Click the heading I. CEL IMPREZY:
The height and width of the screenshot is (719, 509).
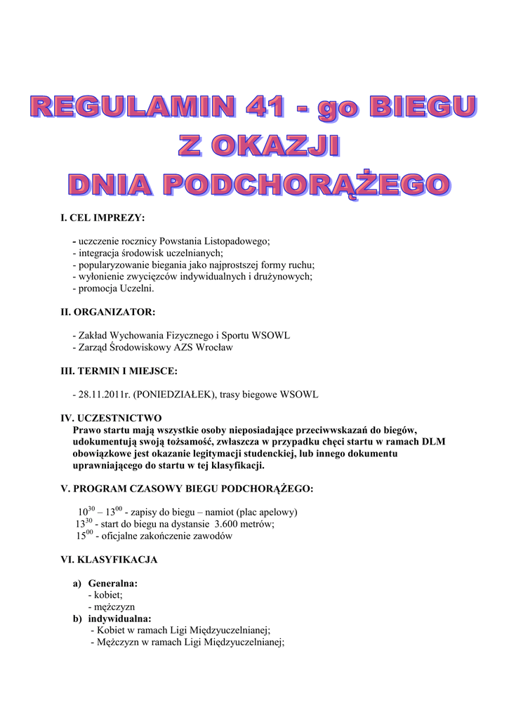coord(103,218)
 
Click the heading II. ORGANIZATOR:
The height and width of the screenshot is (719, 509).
coord(107,312)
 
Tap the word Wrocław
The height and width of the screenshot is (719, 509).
coord(214,348)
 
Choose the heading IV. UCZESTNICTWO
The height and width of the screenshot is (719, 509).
coord(111,418)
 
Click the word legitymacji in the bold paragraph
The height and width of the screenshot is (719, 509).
coord(265,454)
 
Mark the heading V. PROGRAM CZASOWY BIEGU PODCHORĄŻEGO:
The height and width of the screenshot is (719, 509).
coord(187,488)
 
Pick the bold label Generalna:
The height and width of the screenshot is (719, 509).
coord(112,583)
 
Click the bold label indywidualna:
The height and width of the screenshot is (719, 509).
coord(119,619)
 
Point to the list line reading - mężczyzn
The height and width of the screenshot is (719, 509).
coord(112,607)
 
